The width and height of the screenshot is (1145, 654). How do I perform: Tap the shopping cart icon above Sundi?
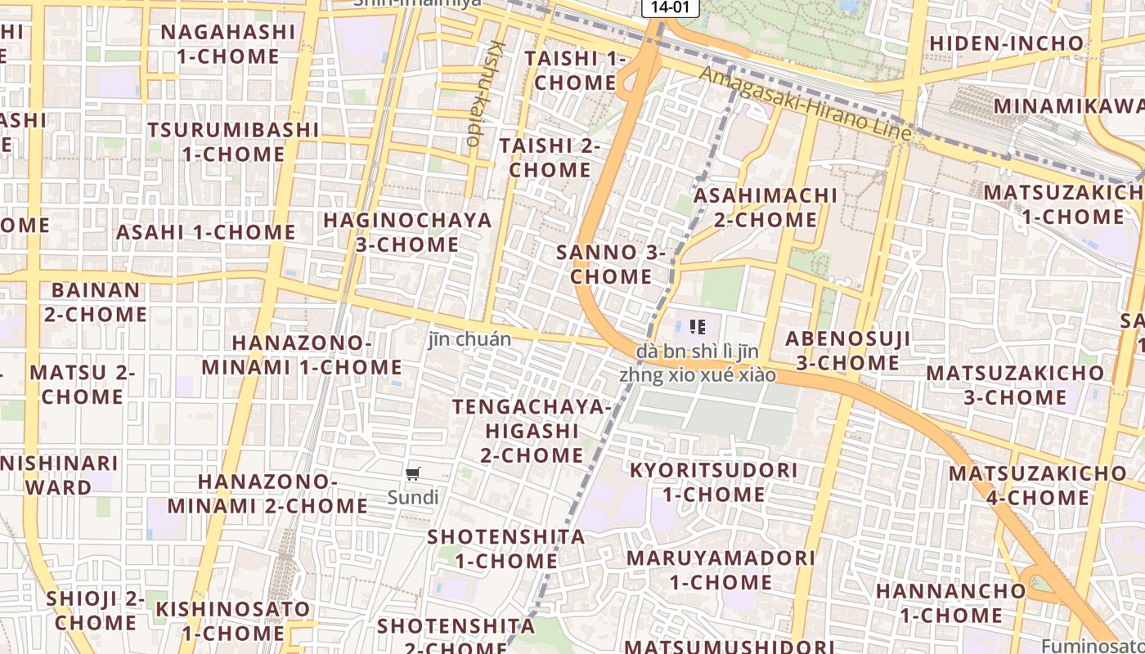click(x=413, y=473)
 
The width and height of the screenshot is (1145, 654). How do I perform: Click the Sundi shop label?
click(x=413, y=497)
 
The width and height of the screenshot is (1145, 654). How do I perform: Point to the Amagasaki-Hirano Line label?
click(x=805, y=102)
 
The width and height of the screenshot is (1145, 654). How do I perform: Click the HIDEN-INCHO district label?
click(x=1006, y=43)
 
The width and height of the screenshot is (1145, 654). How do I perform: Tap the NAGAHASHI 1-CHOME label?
click(x=227, y=44)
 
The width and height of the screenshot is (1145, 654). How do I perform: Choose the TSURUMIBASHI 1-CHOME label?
click(x=233, y=141)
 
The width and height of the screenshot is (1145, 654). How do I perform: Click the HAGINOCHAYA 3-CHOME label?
click(x=407, y=232)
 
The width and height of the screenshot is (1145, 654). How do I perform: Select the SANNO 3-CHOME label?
click(x=611, y=264)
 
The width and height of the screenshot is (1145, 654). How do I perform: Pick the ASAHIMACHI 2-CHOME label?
click(x=766, y=208)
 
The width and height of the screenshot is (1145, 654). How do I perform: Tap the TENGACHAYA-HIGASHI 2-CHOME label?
click(x=532, y=430)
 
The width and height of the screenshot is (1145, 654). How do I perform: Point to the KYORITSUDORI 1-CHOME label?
click(x=713, y=482)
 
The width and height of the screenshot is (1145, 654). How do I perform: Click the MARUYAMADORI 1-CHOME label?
click(x=721, y=570)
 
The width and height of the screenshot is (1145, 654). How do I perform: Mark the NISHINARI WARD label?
click(x=59, y=475)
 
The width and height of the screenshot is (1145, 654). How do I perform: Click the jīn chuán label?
click(x=469, y=339)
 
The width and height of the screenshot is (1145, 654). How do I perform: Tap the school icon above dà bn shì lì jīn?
click(x=698, y=327)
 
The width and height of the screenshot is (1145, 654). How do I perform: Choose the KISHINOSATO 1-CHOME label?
click(x=233, y=620)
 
